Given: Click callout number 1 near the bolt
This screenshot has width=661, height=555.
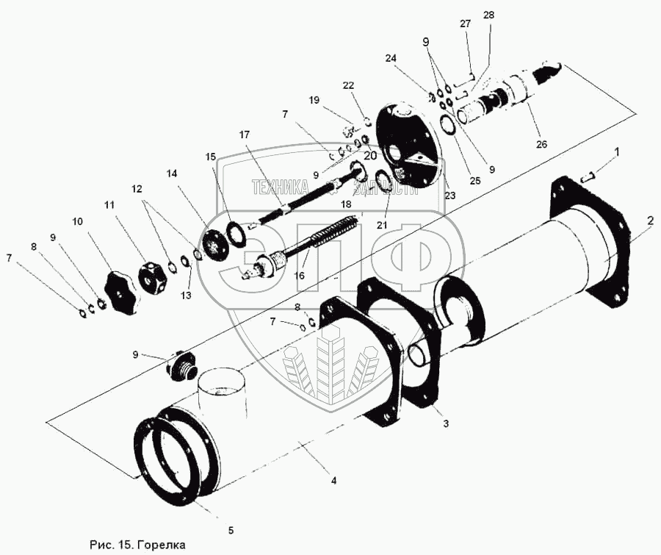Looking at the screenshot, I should [x=617, y=152].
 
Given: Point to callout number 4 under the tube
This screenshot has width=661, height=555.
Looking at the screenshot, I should [x=333, y=481].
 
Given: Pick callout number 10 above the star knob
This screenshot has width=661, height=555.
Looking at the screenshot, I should [x=77, y=221].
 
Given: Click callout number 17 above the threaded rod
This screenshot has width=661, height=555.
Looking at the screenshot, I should [x=245, y=135].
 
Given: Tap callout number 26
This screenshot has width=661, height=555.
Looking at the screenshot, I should [x=541, y=144].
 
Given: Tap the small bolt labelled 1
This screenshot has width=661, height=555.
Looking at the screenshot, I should [x=588, y=176].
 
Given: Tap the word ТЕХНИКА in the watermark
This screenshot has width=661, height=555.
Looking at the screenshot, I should [x=278, y=187].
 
